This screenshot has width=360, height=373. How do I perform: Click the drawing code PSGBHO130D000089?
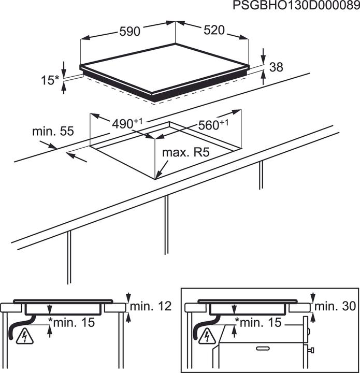pyautogui.click(x=296, y=6)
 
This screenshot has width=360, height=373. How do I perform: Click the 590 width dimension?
pyautogui.click(x=129, y=32)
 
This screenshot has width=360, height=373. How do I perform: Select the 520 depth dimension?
pyautogui.click(x=214, y=30)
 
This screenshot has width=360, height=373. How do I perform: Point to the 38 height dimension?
pyautogui.click(x=276, y=67)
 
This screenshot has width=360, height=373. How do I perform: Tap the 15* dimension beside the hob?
pyautogui.click(x=50, y=80)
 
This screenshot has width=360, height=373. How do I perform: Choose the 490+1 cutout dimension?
pyautogui.click(x=127, y=123)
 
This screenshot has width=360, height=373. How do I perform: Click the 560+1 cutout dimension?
pyautogui.click(x=213, y=124)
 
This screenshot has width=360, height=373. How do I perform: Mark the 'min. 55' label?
pyautogui.click(x=53, y=131)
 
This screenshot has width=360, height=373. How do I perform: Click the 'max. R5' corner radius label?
pyautogui.click(x=186, y=152)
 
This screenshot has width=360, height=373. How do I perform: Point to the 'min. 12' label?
pyautogui.click(x=151, y=306)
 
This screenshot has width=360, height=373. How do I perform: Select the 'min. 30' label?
pyautogui.click(x=335, y=306)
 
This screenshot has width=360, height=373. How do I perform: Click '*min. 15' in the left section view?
pyautogui.click(x=71, y=322)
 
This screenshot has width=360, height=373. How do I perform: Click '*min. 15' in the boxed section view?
pyautogui.click(x=258, y=322)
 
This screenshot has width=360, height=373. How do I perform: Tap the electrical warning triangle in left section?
pyautogui.click(x=24, y=336)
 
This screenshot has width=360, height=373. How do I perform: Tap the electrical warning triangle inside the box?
pyautogui.click(x=207, y=336)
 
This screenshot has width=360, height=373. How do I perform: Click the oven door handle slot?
pyautogui.click(x=263, y=349)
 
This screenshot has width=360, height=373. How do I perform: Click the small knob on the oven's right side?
pyautogui.click(x=311, y=350)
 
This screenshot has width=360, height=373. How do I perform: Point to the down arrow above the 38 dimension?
pyautogui.click(x=263, y=56)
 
